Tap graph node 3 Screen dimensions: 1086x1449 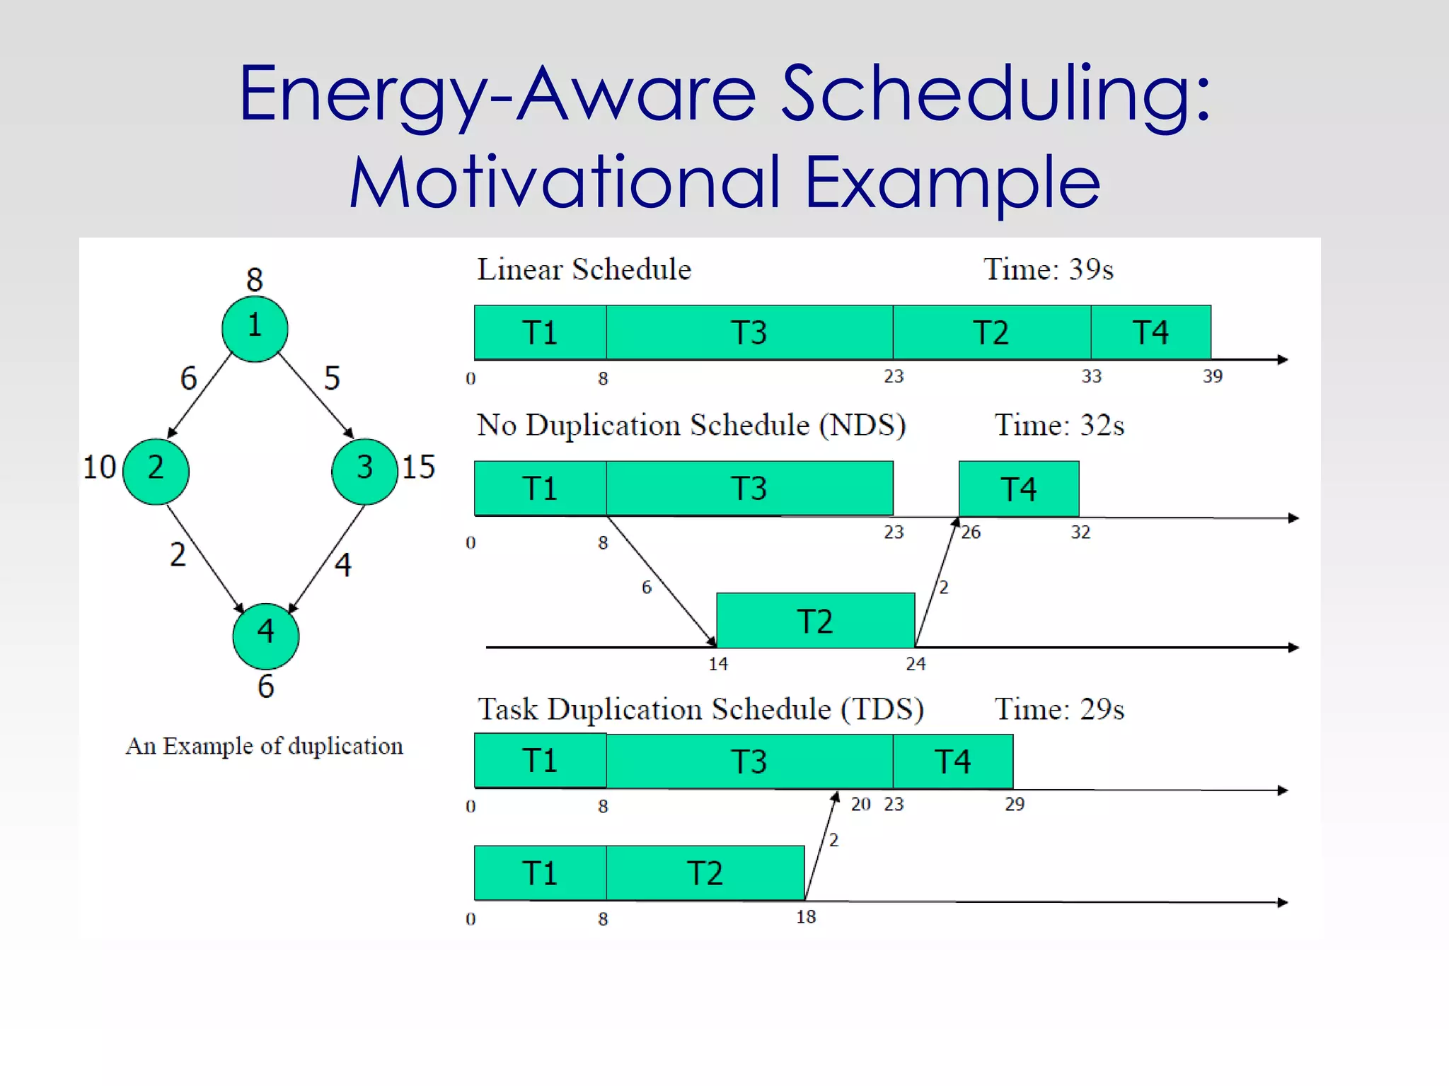(364, 471)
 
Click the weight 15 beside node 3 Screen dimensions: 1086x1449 (418, 467)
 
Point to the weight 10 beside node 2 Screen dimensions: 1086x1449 (99, 467)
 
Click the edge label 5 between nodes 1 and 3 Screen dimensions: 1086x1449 (332, 378)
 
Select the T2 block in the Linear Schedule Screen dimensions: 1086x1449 (991, 332)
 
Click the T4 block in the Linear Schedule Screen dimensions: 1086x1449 (1150, 332)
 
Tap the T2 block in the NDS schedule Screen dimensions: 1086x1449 (815, 621)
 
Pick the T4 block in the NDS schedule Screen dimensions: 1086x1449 (1018, 489)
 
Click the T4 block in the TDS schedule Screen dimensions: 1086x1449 (952, 761)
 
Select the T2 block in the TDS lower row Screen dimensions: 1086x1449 (705, 873)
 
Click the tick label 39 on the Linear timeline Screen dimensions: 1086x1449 (1213, 376)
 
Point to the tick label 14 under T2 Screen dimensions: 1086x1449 (718, 664)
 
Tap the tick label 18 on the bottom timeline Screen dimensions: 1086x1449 (806, 917)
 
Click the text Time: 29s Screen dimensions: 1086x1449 (1059, 709)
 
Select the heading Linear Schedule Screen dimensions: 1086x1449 (584, 269)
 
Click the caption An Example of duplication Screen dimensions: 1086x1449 (265, 746)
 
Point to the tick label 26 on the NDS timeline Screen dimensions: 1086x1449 (971, 532)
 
